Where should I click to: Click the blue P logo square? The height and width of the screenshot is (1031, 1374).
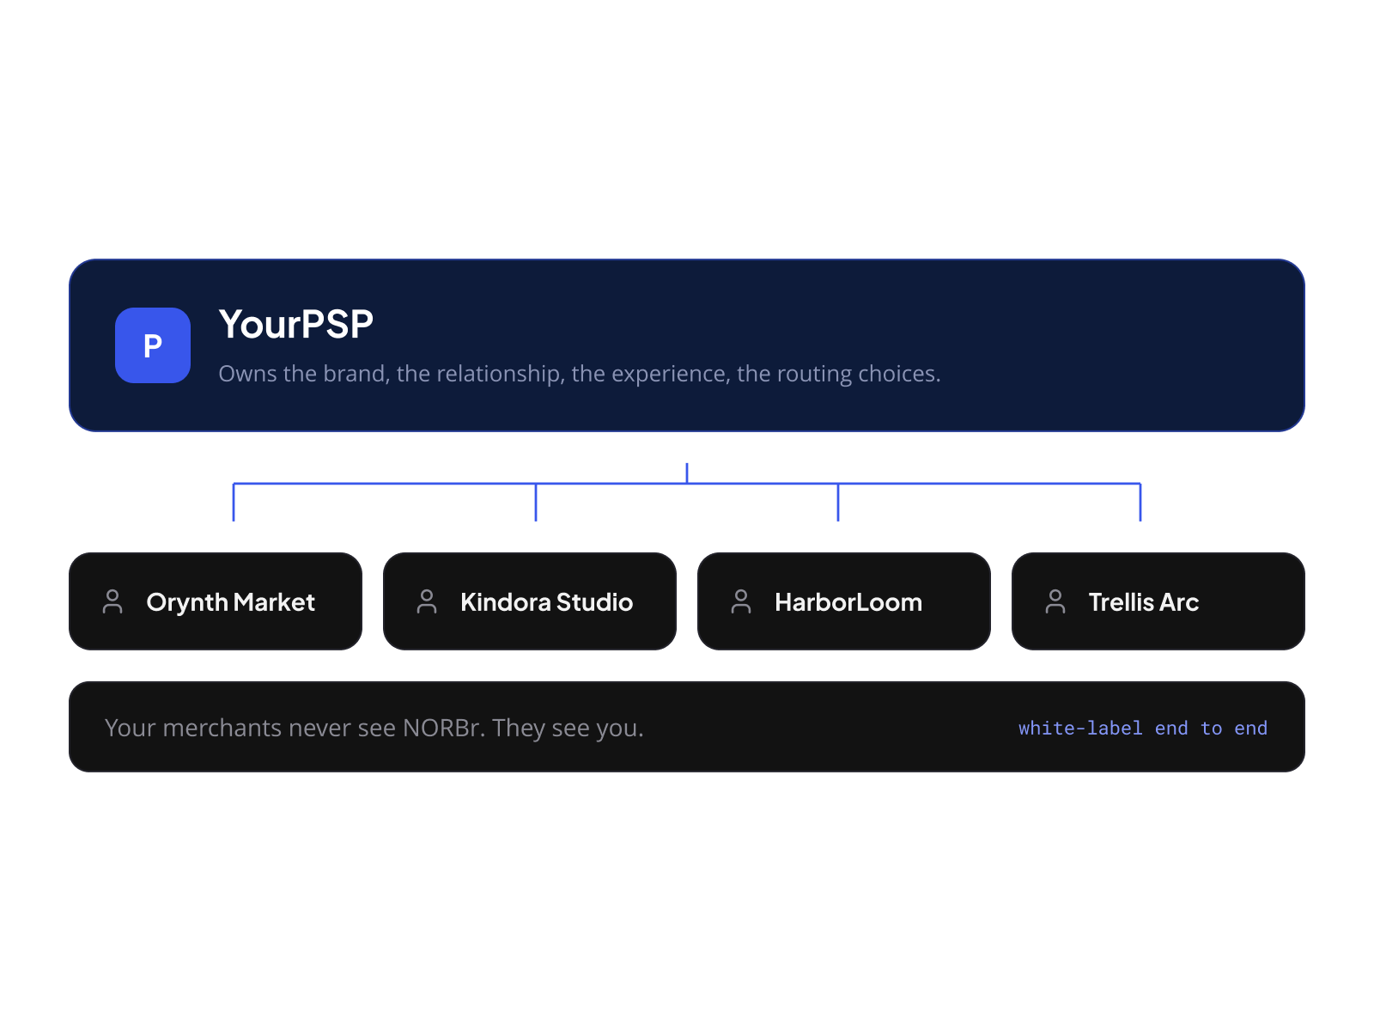tap(153, 345)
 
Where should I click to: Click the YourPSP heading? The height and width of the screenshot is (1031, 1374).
tap(296, 324)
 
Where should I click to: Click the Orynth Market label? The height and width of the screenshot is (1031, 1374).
tap(230, 602)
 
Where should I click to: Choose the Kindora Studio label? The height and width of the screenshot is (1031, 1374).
tap(546, 602)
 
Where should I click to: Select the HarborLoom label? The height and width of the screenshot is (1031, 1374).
tap(848, 602)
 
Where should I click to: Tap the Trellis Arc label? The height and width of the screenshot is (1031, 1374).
tap(1144, 602)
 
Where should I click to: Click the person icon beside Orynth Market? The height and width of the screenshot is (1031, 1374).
tap(112, 601)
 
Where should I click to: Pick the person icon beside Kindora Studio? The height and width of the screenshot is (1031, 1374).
tap(427, 601)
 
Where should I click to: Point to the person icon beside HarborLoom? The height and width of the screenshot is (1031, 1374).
tap(741, 601)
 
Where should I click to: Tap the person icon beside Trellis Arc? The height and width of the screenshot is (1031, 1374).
tap(1055, 601)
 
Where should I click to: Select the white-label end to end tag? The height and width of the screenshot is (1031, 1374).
tap(1143, 728)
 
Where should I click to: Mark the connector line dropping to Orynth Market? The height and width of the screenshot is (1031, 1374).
tap(234, 502)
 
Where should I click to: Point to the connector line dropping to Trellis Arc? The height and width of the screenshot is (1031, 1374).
tap(1140, 502)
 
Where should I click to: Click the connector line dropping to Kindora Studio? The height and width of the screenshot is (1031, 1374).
tap(536, 502)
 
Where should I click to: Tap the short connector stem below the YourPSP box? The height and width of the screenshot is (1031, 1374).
tap(687, 473)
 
